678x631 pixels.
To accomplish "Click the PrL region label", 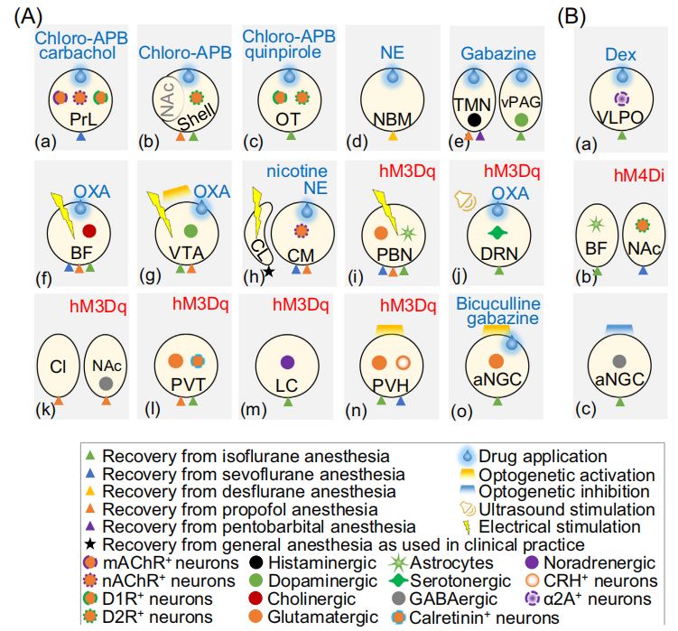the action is click(x=83, y=119).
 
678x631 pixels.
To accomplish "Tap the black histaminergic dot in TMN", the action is click(x=474, y=120).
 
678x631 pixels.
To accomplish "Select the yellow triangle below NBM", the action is click(x=393, y=136).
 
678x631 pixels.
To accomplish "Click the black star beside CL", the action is click(x=269, y=271).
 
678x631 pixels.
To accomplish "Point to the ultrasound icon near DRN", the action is click(x=465, y=200).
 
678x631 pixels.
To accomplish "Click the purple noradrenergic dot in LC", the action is click(x=288, y=362).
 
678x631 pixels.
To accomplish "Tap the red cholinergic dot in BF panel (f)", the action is click(x=89, y=231).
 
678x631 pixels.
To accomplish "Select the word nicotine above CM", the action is click(x=297, y=172).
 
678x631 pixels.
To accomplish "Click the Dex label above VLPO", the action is click(x=620, y=54).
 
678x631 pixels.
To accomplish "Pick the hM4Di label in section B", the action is click(x=639, y=175).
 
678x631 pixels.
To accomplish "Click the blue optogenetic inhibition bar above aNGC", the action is click(x=619, y=329).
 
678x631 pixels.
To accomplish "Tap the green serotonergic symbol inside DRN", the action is click(x=497, y=233).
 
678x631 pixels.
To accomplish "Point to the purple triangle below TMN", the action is click(x=480, y=135).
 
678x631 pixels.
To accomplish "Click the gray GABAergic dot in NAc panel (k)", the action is click(x=106, y=383).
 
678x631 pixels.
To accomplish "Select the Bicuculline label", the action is click(x=498, y=303).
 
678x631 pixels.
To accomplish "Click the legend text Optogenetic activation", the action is click(x=567, y=475).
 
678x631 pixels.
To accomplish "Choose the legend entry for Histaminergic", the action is click(x=313, y=562).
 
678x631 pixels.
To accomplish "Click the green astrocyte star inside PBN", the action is click(x=407, y=233).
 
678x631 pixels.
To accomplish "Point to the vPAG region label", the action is click(x=521, y=102).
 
